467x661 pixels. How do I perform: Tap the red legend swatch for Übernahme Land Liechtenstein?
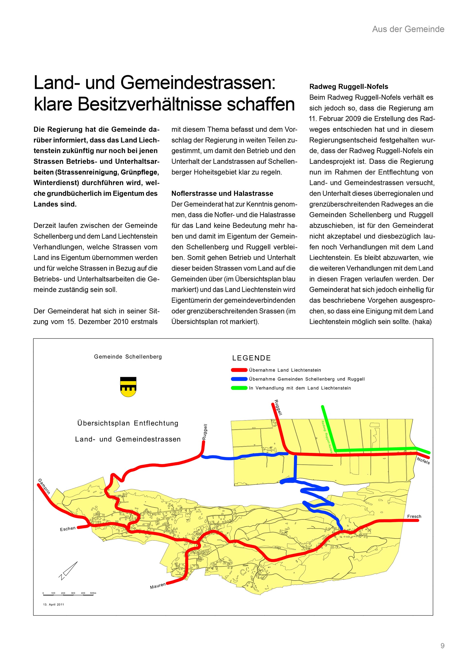[239, 370]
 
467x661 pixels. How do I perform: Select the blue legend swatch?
[239, 379]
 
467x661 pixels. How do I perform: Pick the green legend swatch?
[239, 388]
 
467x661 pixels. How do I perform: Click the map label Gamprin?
[44, 486]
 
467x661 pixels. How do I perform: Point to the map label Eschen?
[68, 529]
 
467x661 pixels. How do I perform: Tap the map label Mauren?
[158, 586]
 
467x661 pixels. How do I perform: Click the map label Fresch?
[414, 516]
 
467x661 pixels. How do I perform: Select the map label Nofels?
[423, 461]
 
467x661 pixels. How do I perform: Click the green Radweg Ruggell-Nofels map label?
[327, 437]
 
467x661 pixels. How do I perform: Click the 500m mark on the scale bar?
[93, 593]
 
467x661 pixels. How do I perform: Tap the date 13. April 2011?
[54, 605]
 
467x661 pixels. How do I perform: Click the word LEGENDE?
[251, 358]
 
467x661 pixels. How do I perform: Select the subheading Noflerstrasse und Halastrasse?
[222, 194]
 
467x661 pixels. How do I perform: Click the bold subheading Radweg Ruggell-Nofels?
[349, 87]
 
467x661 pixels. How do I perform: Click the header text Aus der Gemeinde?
[408, 29]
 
